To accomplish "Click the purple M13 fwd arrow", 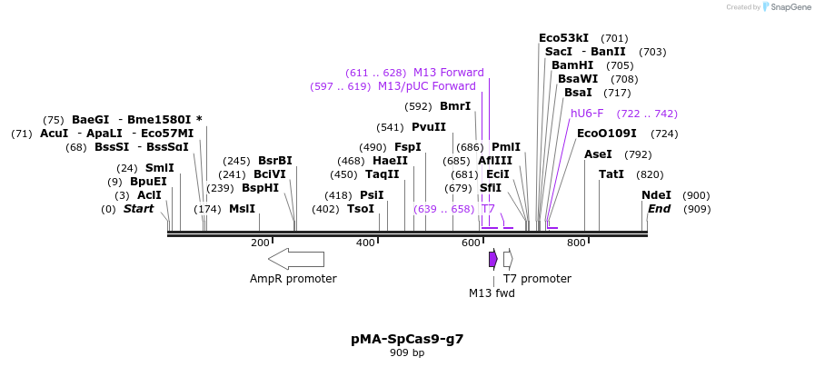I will tap(492, 259).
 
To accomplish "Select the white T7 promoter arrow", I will tap(508, 259).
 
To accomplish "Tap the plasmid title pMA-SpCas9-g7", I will tap(407, 339).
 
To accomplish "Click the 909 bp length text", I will tap(407, 352).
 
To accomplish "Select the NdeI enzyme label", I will tap(656, 195).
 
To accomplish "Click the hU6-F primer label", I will tap(587, 114).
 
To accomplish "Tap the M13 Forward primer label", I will tap(448, 73).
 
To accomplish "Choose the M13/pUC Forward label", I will tap(426, 86).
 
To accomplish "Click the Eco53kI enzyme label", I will tap(563, 38).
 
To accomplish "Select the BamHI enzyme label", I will tap(572, 65).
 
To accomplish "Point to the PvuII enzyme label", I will tap(429, 127).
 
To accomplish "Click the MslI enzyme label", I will tap(242, 209).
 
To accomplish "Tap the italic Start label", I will tap(138, 209).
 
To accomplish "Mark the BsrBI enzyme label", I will tap(275, 161).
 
